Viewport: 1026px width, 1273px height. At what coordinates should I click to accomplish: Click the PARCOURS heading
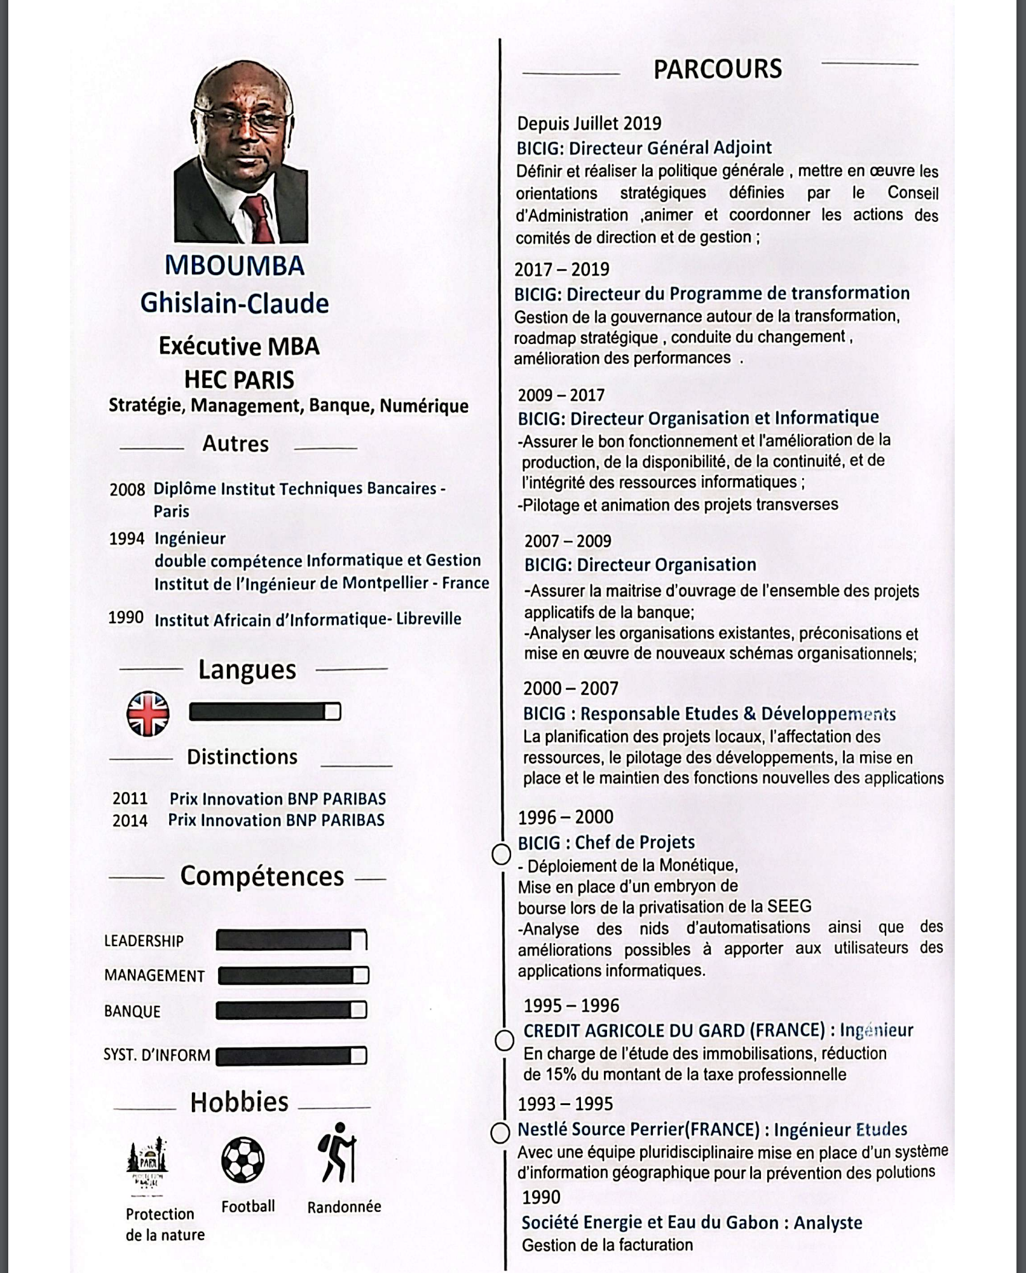(717, 69)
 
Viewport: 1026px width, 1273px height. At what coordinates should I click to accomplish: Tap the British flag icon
(148, 713)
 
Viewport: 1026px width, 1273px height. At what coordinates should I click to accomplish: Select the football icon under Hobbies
(243, 1159)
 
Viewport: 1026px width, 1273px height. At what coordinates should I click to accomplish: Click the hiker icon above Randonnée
(338, 1153)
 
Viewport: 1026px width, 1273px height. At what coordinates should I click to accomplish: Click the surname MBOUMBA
(235, 266)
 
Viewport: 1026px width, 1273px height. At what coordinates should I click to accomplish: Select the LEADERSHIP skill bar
(291, 940)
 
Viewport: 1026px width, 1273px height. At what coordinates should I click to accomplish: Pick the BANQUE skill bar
(291, 1010)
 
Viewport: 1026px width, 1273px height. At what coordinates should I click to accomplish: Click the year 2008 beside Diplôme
(127, 490)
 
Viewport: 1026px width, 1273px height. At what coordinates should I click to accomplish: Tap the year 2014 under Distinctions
(130, 821)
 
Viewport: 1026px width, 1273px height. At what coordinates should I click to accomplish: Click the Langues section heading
(247, 670)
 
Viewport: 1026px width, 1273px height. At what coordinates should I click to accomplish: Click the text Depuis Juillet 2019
(589, 123)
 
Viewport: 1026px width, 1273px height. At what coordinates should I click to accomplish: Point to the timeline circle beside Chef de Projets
(502, 855)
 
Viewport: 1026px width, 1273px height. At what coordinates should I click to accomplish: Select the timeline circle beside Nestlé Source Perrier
(500, 1132)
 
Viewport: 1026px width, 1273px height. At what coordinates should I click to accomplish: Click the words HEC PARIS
(239, 380)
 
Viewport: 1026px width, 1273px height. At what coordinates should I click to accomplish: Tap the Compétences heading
(262, 876)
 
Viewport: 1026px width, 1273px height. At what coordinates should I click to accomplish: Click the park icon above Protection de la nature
(147, 1160)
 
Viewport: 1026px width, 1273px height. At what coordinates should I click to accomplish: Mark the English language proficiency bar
(264, 712)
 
